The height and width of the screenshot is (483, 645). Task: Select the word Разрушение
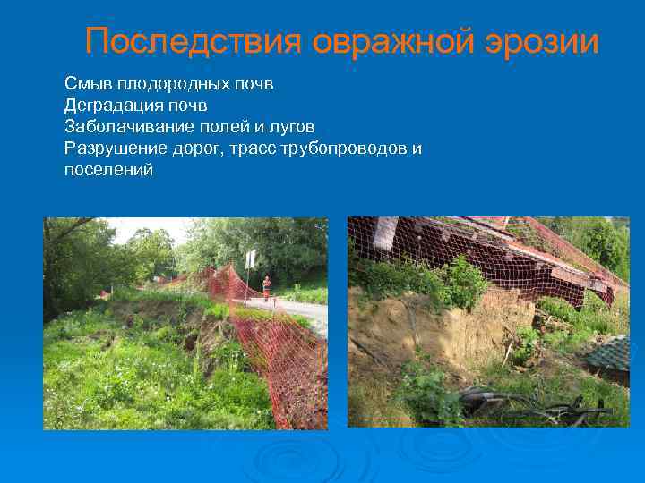point(114,148)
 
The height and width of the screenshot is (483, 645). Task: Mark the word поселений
point(108,169)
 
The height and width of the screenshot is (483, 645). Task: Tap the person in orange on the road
point(266,289)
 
